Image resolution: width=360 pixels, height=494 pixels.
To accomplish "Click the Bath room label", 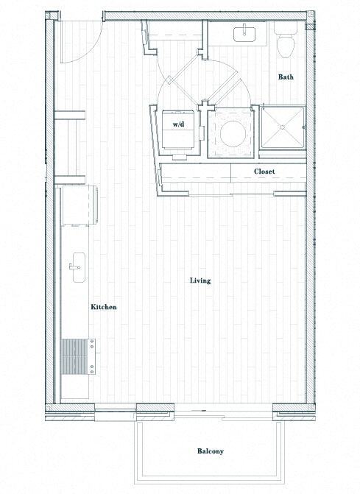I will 287,77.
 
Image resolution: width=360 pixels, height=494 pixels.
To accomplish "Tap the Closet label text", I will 264,172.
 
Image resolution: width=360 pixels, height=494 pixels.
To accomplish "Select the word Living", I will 200,280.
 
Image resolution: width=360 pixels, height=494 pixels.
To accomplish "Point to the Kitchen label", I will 104,307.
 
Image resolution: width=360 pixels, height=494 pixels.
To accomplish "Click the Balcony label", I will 211,451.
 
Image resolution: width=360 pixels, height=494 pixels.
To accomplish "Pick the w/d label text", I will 179,125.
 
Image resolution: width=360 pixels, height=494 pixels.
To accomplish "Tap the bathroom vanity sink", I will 244,32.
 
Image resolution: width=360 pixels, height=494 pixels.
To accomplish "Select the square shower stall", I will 280,130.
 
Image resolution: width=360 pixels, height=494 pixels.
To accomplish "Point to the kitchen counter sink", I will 77,265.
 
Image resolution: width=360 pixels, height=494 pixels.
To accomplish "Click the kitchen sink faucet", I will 73,266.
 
